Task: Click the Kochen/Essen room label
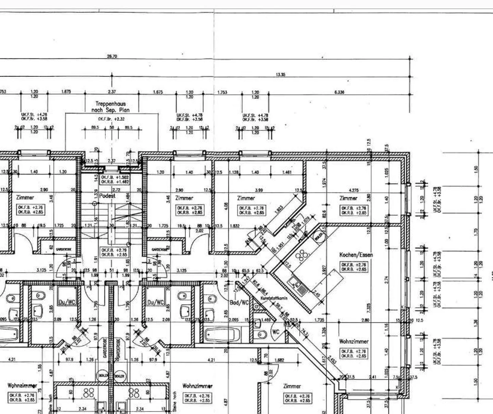pos(356,255)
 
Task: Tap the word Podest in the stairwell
pos(107,196)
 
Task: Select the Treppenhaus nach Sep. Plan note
pos(110,107)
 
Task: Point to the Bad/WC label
pos(239,303)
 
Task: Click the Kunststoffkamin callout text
pos(274,298)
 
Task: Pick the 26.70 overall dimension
pos(112,56)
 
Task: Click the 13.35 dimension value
pos(280,74)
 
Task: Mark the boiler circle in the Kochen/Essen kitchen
pos(318,236)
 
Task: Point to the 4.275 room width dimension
pos(353,190)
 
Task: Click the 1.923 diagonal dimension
pos(279,209)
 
